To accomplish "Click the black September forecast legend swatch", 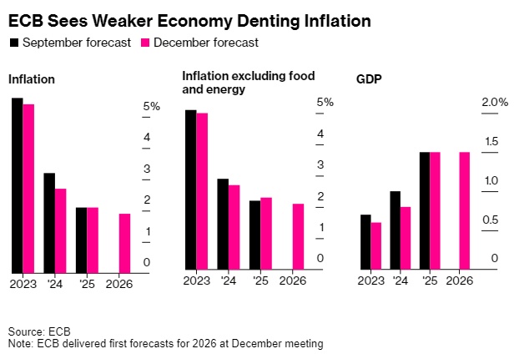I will click(14, 43).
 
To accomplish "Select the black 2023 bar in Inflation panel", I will click(17, 185).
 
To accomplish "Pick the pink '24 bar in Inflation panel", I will click(60, 230).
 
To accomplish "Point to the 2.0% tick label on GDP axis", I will click(493, 103).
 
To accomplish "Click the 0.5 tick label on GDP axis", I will click(491, 220).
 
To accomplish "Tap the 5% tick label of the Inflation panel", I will click(152, 107).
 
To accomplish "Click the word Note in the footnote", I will click(20, 343).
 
